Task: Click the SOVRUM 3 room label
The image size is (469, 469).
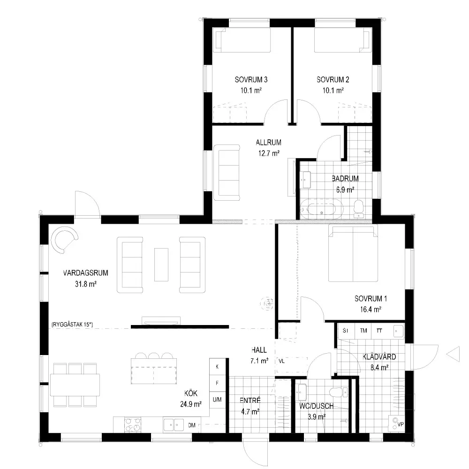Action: click(x=251, y=80)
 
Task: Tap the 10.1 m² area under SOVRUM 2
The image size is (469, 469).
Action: click(x=333, y=91)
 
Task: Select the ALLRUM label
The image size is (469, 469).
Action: click(x=269, y=143)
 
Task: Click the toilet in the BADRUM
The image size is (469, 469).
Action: click(x=359, y=209)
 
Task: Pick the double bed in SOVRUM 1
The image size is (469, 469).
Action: click(x=353, y=254)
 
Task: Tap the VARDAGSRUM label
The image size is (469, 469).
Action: click(x=85, y=273)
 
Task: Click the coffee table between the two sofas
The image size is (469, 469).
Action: click(x=161, y=265)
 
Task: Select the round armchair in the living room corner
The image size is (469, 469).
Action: click(x=64, y=240)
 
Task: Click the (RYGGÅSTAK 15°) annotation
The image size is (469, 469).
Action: click(x=72, y=324)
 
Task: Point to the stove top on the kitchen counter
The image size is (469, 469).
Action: click(x=133, y=425)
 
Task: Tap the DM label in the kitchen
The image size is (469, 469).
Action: click(x=192, y=425)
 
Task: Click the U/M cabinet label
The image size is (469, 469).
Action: click(x=217, y=399)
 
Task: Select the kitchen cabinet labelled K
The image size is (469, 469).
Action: click(x=217, y=367)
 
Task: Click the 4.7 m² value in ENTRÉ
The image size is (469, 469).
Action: click(x=250, y=412)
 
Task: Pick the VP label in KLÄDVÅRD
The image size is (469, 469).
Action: click(x=401, y=424)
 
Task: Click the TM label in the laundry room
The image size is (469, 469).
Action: click(x=363, y=331)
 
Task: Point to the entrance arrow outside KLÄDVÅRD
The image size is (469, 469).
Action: click(x=453, y=354)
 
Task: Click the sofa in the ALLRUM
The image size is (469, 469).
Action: click(x=227, y=173)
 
